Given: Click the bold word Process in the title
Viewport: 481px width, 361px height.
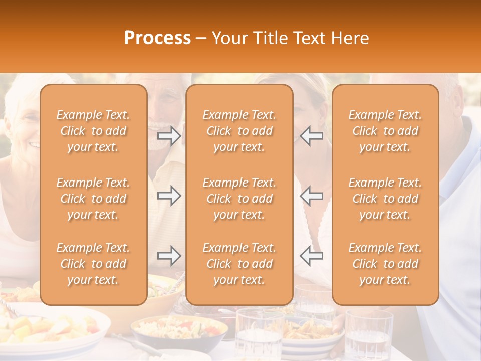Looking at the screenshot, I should click(157, 38).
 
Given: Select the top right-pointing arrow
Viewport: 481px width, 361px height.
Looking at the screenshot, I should click(169, 136).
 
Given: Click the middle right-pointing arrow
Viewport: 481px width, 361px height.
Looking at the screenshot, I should click(169, 196).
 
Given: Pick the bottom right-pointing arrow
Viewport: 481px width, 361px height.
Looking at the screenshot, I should click(169, 256).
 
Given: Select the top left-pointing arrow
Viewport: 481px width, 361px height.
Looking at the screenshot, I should click(312, 136).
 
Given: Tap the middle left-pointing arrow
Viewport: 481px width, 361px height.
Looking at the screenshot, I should click(312, 196).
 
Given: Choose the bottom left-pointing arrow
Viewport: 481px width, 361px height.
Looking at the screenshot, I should click(312, 256).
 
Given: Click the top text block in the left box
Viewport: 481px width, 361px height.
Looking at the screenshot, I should click(93, 131).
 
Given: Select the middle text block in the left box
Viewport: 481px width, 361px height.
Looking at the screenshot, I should click(93, 199).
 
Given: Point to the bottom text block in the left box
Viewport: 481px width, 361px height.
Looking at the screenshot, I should click(93, 264).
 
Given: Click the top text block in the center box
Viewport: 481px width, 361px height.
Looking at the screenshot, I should click(239, 131).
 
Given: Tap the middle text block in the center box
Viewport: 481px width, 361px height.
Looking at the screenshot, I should click(239, 199).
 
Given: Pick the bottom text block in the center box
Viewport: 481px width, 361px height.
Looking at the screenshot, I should click(239, 264).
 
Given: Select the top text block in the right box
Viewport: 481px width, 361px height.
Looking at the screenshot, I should click(385, 131).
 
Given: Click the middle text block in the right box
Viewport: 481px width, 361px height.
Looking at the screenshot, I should click(385, 199).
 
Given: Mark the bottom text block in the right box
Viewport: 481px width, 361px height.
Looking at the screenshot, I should click(385, 264).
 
